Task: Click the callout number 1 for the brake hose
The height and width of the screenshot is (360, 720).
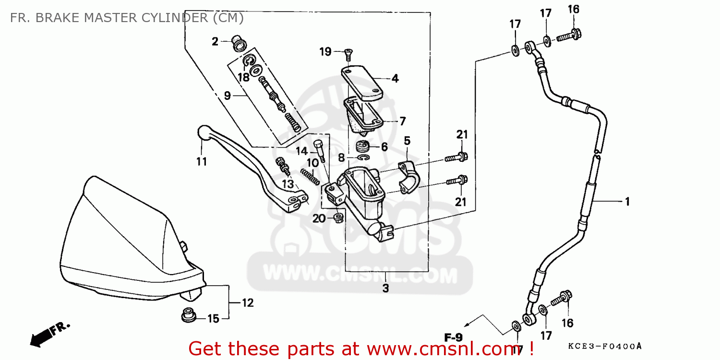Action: tap(626, 202)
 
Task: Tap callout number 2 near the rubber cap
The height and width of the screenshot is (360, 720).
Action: tap(215, 42)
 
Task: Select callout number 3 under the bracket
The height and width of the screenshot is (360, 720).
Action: tap(386, 288)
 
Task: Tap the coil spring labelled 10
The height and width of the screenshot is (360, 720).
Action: tap(310, 175)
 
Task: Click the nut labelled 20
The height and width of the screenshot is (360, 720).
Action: tap(338, 219)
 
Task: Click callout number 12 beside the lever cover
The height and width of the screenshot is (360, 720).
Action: tap(247, 303)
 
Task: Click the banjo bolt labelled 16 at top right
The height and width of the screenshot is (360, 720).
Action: tap(570, 35)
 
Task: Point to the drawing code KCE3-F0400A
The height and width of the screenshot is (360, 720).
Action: tap(605, 346)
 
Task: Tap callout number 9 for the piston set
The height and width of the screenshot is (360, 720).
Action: tap(228, 96)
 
